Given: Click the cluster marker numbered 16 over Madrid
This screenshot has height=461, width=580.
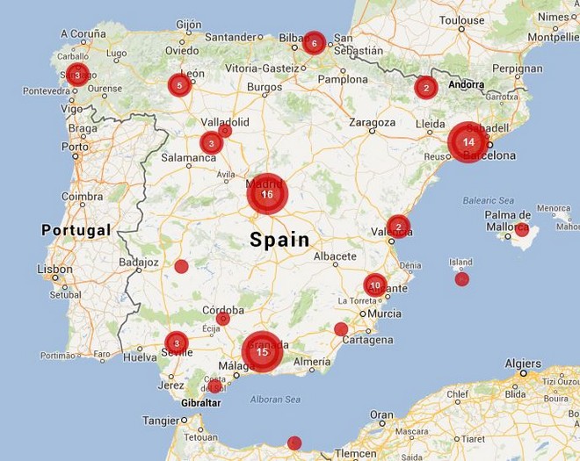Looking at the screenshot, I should click(267, 194).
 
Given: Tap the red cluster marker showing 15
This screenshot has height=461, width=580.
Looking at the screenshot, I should click(262, 351).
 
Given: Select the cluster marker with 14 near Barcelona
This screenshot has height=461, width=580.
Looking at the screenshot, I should click(468, 141).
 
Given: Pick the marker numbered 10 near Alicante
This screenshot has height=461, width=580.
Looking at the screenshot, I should click(375, 285).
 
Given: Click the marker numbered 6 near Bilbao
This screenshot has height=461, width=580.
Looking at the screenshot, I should click(314, 42).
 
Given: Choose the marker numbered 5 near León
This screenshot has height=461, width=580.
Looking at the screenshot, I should click(179, 85).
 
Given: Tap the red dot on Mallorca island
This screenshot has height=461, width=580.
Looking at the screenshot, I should click(522, 230).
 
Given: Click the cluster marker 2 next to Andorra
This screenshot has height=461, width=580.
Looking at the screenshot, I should click(426, 87).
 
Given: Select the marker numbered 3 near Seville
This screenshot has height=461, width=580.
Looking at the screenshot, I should click(176, 342).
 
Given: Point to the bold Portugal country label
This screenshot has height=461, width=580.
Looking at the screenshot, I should click(76, 230).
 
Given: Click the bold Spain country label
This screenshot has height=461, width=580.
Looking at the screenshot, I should click(279, 239).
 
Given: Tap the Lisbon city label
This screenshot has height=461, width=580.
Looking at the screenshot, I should click(54, 270).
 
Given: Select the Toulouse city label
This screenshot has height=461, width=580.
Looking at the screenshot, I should click(461, 19).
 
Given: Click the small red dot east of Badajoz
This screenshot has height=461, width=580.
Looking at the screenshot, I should click(181, 266).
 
